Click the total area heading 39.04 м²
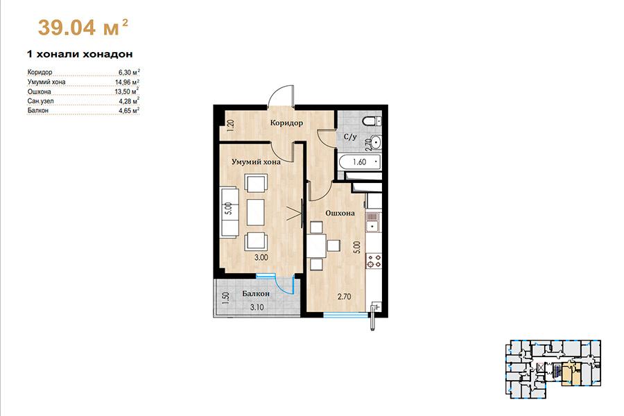(83, 28)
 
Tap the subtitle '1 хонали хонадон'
(80, 54)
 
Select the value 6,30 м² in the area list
(129, 72)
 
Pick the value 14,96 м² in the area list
(127, 82)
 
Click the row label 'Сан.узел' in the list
(40, 101)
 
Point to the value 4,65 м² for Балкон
(129, 111)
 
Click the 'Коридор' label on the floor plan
(286, 123)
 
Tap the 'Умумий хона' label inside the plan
(257, 162)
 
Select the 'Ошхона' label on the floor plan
(340, 213)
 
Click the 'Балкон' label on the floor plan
(256, 294)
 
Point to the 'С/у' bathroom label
(350, 137)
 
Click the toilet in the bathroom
(372, 121)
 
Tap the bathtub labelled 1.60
(360, 162)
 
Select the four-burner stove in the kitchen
(374, 261)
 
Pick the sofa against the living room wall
(229, 213)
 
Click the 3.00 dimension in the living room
(261, 257)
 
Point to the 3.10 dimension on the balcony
(257, 307)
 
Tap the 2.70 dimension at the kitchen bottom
(344, 297)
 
